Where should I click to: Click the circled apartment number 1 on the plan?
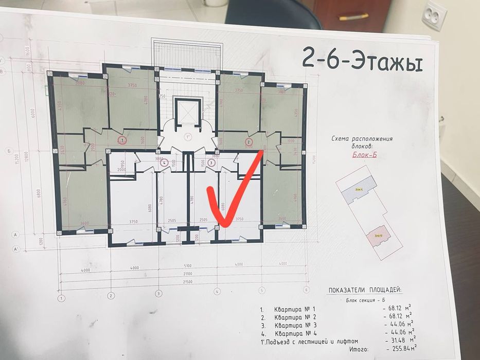(x=122, y=139)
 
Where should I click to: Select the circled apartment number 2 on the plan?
(x=248, y=142)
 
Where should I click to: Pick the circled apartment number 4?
(x=164, y=163)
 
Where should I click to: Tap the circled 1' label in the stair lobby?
(x=188, y=137)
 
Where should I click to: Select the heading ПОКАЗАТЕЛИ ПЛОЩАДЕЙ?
(x=366, y=290)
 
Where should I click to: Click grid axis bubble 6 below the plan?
(x=307, y=290)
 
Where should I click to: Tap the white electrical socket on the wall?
(x=433, y=15)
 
